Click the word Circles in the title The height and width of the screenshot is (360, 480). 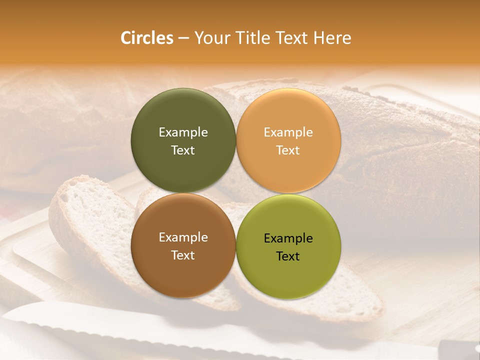(146, 38)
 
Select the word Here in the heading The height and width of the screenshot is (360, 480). (332, 38)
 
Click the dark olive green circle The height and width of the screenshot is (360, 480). (183, 115)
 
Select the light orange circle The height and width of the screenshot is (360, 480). (288, 115)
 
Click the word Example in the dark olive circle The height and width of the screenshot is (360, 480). (183, 132)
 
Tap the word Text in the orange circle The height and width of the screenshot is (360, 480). (288, 150)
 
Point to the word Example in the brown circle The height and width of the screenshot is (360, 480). (183, 237)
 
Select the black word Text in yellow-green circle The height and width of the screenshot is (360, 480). (288, 256)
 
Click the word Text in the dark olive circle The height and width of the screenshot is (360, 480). (183, 150)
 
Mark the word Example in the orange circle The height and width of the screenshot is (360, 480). (288, 132)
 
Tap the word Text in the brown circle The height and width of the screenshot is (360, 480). (183, 255)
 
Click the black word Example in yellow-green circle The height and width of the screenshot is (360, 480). (288, 238)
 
